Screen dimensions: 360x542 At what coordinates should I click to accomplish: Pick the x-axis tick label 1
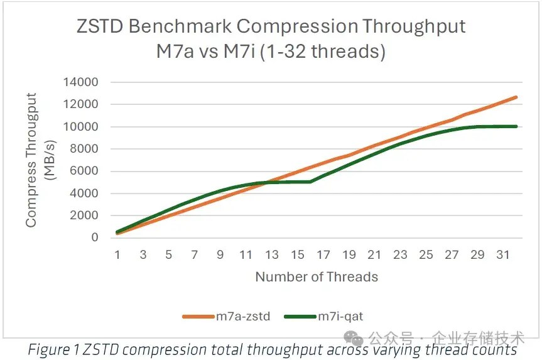click(117, 254)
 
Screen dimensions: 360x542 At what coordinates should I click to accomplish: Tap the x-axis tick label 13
click(272, 254)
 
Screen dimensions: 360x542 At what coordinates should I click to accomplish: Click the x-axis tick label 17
click(323, 254)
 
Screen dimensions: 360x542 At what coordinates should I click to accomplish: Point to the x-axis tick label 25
click(426, 254)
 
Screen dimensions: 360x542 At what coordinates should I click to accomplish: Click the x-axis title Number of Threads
click(317, 276)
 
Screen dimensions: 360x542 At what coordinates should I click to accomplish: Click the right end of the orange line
click(516, 97)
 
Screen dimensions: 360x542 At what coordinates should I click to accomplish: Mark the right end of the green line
click(516, 126)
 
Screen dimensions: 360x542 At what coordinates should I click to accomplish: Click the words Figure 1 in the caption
click(55, 350)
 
